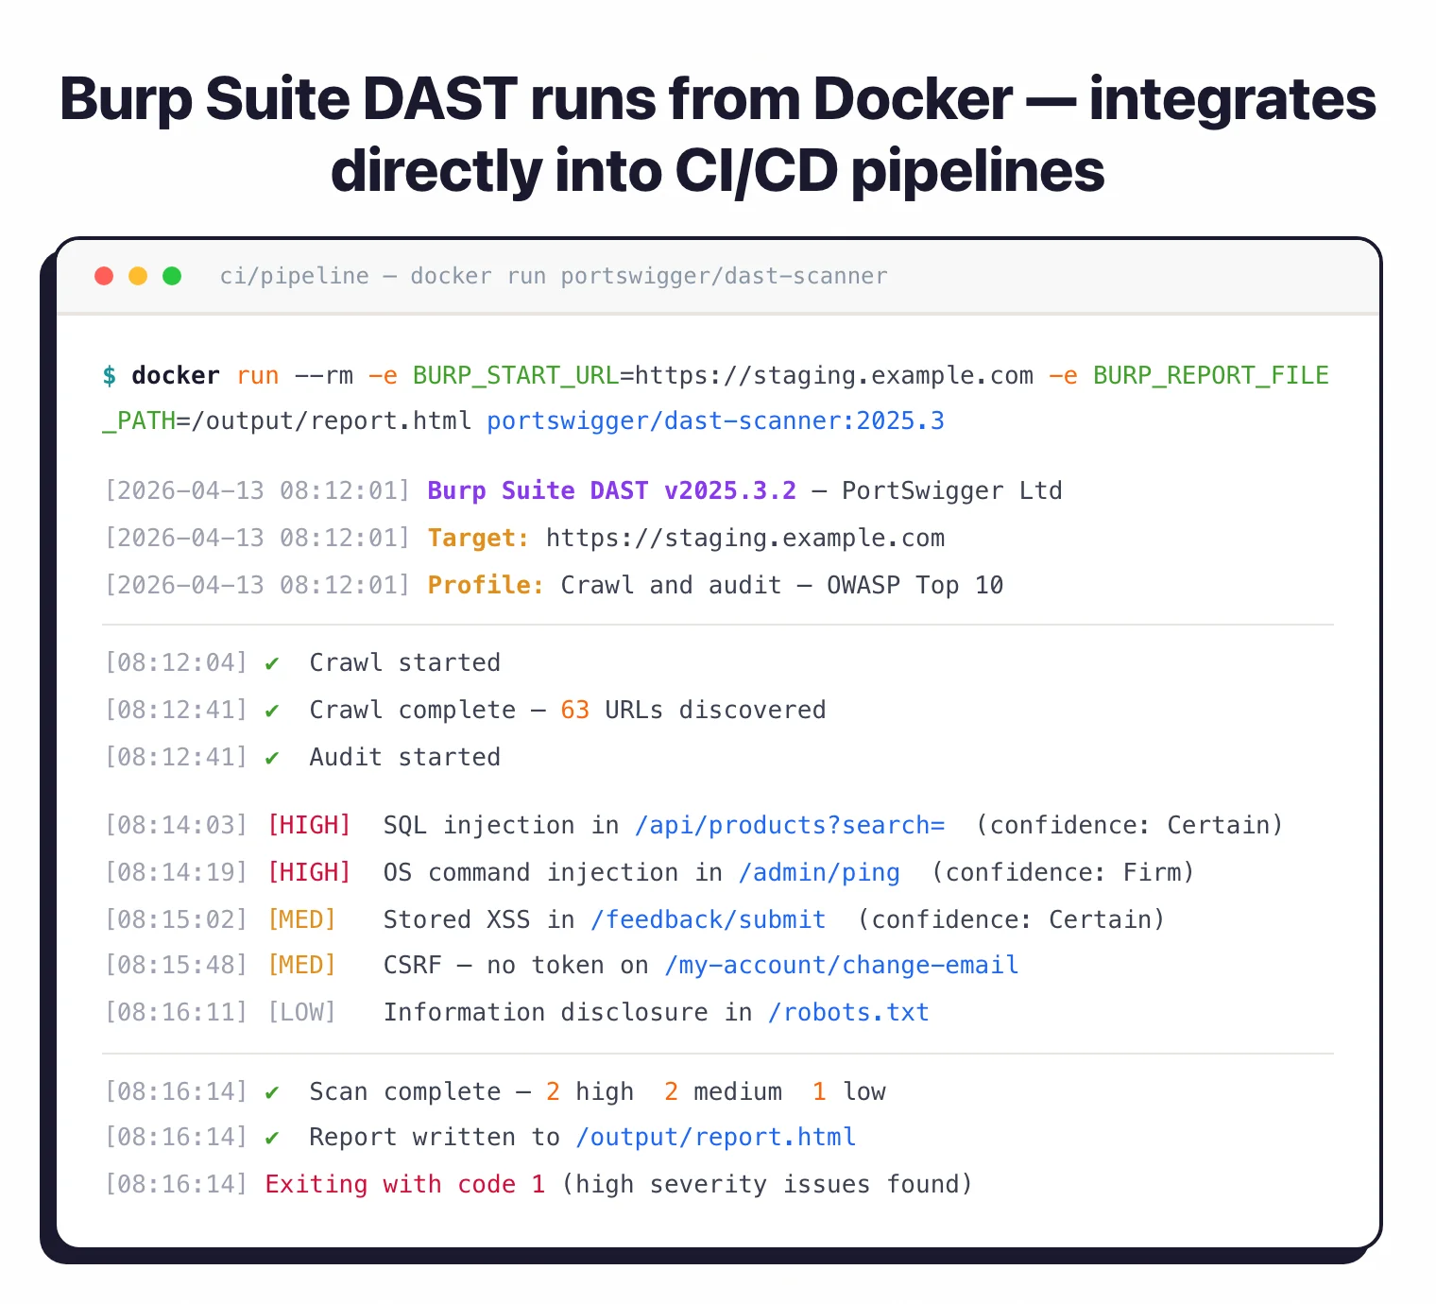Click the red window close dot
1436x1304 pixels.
click(104, 276)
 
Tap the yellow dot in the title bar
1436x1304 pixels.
click(138, 276)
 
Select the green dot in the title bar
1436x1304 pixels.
click(172, 276)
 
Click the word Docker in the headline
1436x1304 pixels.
click(913, 99)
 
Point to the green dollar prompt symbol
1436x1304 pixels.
click(110, 376)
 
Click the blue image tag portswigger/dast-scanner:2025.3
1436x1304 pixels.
click(715, 421)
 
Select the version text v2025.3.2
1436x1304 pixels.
click(729, 491)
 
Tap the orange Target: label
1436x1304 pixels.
click(478, 539)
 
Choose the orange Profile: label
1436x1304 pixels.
click(486, 586)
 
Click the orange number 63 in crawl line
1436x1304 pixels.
click(574, 711)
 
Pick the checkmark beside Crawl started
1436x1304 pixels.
click(272, 663)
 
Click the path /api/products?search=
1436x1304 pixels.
click(789, 826)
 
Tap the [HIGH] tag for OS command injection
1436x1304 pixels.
click(309, 873)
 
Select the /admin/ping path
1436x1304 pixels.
click(819, 873)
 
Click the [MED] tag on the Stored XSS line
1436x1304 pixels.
click(301, 920)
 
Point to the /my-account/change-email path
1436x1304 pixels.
click(841, 966)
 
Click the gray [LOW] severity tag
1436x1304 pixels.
click(301, 1013)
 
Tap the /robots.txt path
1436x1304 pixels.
click(848, 1013)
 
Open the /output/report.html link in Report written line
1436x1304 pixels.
click(716, 1138)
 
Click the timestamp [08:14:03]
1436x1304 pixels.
click(176, 826)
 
